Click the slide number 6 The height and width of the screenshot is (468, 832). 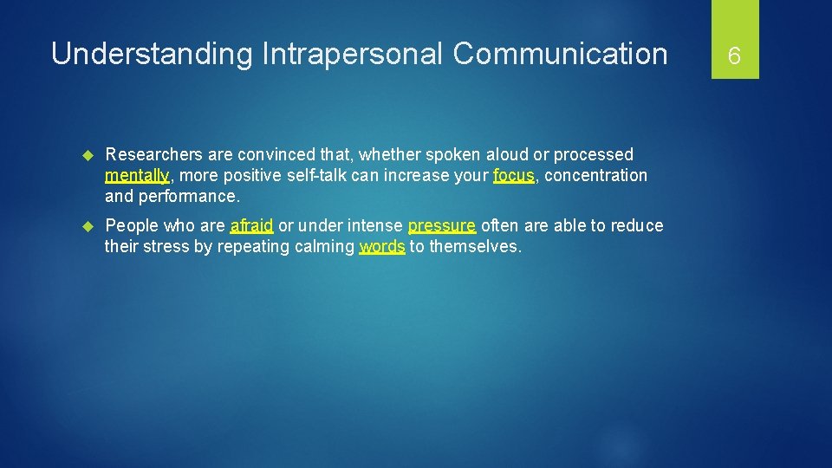point(734,56)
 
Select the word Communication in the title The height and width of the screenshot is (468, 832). point(560,54)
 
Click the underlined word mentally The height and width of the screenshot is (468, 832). point(136,176)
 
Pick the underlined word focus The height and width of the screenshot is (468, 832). point(513,175)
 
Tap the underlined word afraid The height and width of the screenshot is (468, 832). point(251,226)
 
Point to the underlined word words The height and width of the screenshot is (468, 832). point(381,247)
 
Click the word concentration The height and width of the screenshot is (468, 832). point(596,176)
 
